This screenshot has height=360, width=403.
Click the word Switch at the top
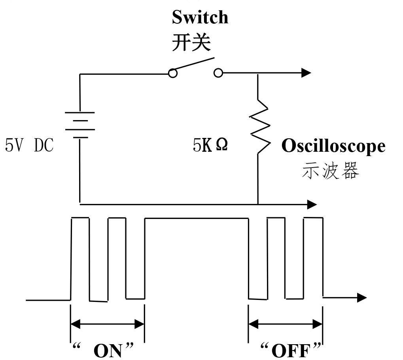pyautogui.click(x=200, y=17)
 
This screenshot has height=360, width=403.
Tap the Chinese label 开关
pyautogui.click(x=191, y=41)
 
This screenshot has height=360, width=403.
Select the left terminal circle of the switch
pyautogui.click(x=173, y=73)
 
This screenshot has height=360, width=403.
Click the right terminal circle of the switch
pyautogui.click(x=218, y=73)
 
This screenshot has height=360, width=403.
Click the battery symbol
pyautogui.click(x=80, y=124)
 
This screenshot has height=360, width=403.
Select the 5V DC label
pyautogui.click(x=29, y=146)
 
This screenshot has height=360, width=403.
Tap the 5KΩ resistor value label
pyautogui.click(x=210, y=146)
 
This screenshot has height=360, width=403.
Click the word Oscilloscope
pyautogui.click(x=333, y=146)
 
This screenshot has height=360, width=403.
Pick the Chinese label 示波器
pyautogui.click(x=331, y=172)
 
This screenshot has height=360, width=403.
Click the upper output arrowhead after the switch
pyautogui.click(x=306, y=73)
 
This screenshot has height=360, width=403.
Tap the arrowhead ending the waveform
pyautogui.click(x=361, y=298)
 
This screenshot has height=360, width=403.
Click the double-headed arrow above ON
pyautogui.click(x=107, y=324)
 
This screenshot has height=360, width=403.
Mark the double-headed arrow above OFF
pyautogui.click(x=286, y=324)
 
